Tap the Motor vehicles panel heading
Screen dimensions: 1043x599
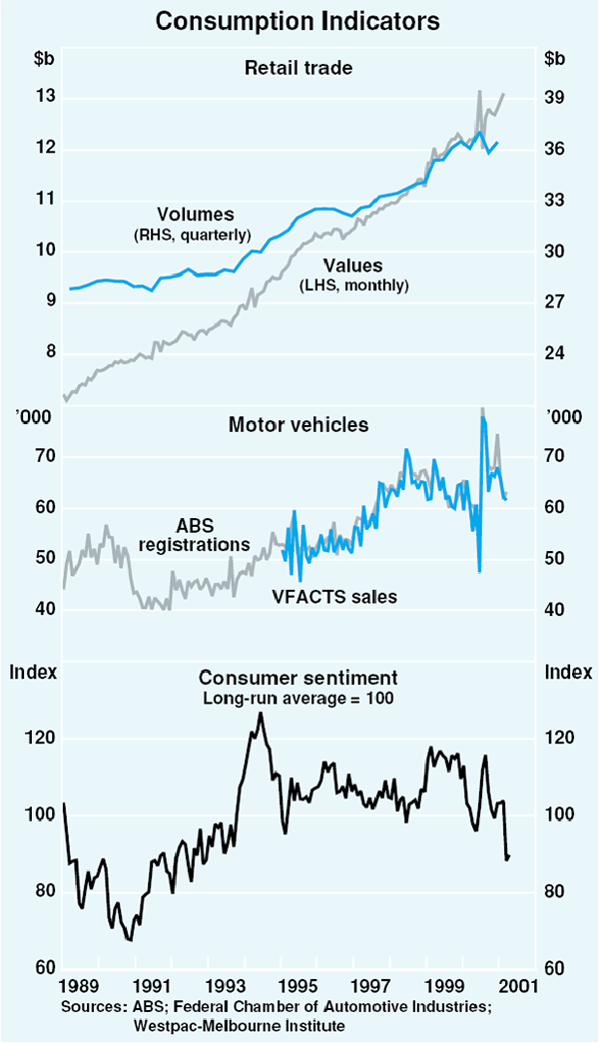pyautogui.click(x=299, y=425)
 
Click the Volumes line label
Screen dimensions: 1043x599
pyautogui.click(x=195, y=214)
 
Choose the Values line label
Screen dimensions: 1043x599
pyautogui.click(x=354, y=265)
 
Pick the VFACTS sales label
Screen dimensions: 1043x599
pyautogui.click(x=334, y=597)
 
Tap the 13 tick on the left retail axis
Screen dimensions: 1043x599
pyautogui.click(x=29, y=98)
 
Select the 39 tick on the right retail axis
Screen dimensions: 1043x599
pyautogui.click(x=556, y=98)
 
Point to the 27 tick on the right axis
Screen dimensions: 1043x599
pyautogui.click(x=556, y=302)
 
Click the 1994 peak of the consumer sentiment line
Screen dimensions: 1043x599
pyautogui.click(x=261, y=713)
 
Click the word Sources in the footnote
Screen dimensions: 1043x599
pyautogui.click(x=87, y=1005)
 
